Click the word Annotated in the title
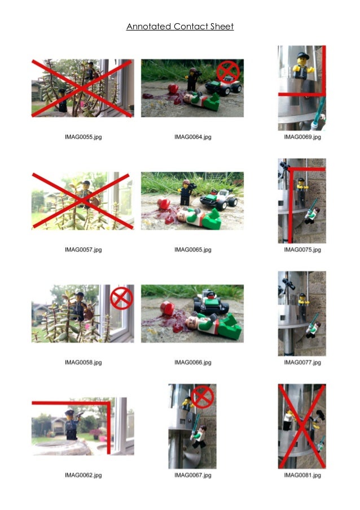[x=149, y=27]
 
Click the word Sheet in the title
[x=222, y=27]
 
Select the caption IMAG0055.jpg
[x=83, y=137]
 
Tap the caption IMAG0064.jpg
[x=192, y=137]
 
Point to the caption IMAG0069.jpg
[x=302, y=137]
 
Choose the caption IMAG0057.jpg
[x=83, y=250]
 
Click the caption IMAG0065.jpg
[x=192, y=250]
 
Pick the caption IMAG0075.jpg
[x=302, y=250]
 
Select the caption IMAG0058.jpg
[x=83, y=363]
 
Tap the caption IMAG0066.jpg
[x=192, y=363]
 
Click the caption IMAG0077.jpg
[x=302, y=363]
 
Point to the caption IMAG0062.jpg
[x=83, y=475]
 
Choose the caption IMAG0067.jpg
[x=192, y=475]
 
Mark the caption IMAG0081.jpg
[x=302, y=475]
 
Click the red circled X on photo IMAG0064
[x=228, y=72]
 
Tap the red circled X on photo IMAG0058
[x=121, y=298]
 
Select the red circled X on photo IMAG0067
[x=202, y=397]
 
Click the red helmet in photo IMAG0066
[x=167, y=308]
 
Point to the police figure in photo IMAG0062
[x=72, y=425]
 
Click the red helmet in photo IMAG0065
[x=164, y=204]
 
